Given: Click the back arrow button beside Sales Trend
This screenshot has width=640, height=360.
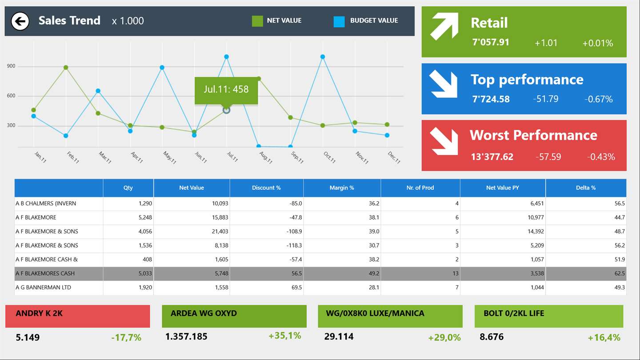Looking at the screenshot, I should [x=20, y=21].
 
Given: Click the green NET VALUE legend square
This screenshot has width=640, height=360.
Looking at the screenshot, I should [x=257, y=21].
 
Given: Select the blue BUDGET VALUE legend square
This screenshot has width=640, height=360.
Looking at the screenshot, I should [x=339, y=21].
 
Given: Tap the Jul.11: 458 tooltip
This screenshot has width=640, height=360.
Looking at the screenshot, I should [x=226, y=89].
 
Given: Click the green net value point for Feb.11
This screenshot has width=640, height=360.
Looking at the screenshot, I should [x=66, y=68].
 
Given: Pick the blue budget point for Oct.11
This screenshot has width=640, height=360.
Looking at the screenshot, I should [x=323, y=57].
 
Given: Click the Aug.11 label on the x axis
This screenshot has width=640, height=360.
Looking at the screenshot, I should [x=265, y=158].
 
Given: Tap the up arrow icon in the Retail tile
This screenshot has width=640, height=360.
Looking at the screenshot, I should [x=444, y=26].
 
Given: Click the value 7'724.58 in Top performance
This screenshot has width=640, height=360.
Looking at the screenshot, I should [x=491, y=99].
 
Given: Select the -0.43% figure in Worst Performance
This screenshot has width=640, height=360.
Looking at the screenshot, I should [x=601, y=156].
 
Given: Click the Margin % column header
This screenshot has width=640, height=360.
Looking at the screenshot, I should [x=342, y=188].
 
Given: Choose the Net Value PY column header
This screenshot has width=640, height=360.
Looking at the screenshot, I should [x=502, y=188].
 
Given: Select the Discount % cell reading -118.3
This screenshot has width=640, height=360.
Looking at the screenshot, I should [x=294, y=245].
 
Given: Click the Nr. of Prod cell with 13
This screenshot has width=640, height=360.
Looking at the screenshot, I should [x=455, y=273].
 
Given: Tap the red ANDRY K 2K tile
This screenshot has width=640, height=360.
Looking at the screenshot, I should [x=77, y=316].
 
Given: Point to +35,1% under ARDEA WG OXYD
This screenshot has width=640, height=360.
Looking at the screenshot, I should [x=284, y=336].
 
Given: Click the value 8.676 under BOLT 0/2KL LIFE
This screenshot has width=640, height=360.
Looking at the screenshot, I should [x=492, y=337].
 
